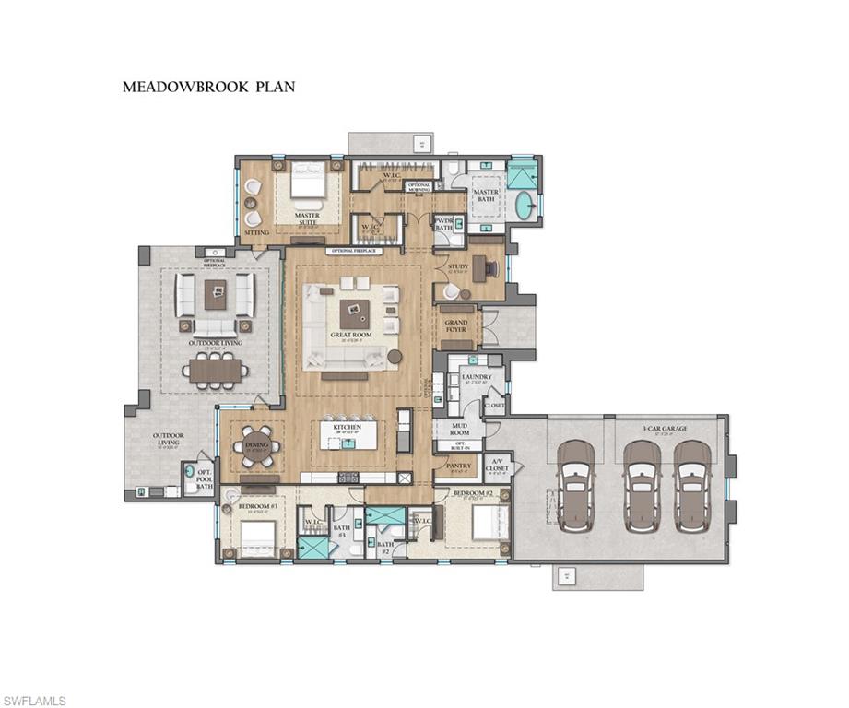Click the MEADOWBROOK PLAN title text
(208, 88)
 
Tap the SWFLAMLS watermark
(34, 701)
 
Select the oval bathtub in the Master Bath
(524, 206)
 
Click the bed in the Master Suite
(308, 184)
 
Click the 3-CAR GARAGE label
(665, 428)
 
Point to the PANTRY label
(458, 466)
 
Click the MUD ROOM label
(459, 428)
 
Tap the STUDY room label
(458, 267)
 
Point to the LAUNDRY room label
(477, 377)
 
